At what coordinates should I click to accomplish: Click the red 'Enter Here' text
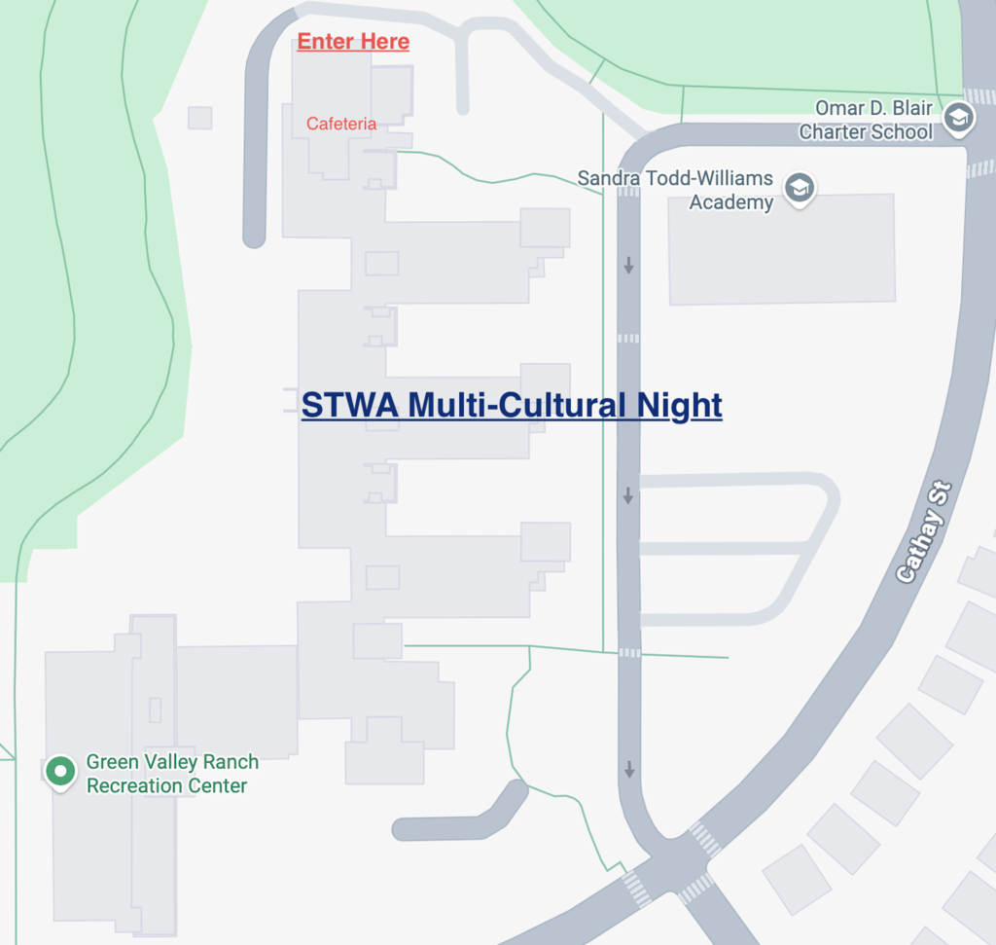(353, 42)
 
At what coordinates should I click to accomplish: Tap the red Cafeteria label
(341, 124)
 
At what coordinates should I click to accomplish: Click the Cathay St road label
(923, 532)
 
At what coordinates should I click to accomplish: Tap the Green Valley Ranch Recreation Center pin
(60, 772)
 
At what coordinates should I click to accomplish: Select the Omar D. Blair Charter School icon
(957, 119)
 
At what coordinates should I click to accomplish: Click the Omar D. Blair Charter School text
(866, 121)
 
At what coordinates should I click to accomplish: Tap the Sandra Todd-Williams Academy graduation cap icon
(800, 188)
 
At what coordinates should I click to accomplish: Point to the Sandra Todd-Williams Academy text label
(675, 191)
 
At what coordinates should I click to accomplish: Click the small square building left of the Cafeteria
(199, 118)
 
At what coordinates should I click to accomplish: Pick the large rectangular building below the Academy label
(781, 248)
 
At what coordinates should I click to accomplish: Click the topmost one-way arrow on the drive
(629, 265)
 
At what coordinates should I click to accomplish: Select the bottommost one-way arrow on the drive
(629, 769)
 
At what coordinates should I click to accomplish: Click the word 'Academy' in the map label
(731, 202)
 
